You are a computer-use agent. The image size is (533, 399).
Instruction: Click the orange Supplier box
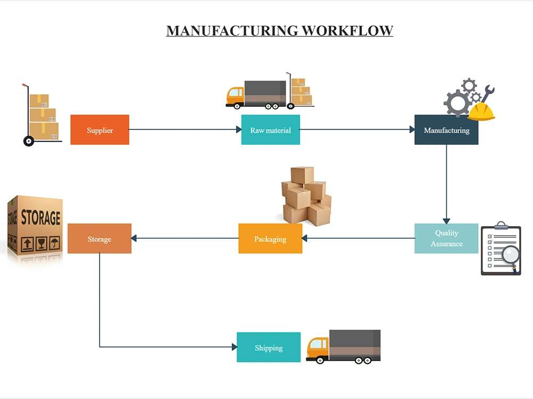tap(100, 130)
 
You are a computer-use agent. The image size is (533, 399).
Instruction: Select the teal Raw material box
tap(270, 130)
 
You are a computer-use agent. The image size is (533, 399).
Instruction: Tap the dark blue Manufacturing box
tap(446, 130)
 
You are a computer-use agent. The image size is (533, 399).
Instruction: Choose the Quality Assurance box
tap(446, 238)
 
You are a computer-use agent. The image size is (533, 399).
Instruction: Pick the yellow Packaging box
tap(270, 238)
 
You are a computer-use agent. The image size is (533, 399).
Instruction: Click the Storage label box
tap(99, 238)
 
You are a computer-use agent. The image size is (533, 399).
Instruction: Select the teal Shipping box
tap(269, 347)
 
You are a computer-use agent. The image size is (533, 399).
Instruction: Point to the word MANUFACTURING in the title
tap(232, 30)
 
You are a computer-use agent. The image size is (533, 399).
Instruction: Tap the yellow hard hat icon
tap(481, 112)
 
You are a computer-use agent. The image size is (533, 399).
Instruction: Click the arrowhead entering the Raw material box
tap(238, 130)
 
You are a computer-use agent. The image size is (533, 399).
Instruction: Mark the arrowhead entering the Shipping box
tap(234, 347)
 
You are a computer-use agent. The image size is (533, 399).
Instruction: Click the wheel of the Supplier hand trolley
tap(29, 141)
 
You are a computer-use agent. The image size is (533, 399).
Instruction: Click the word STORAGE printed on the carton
tap(40, 217)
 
